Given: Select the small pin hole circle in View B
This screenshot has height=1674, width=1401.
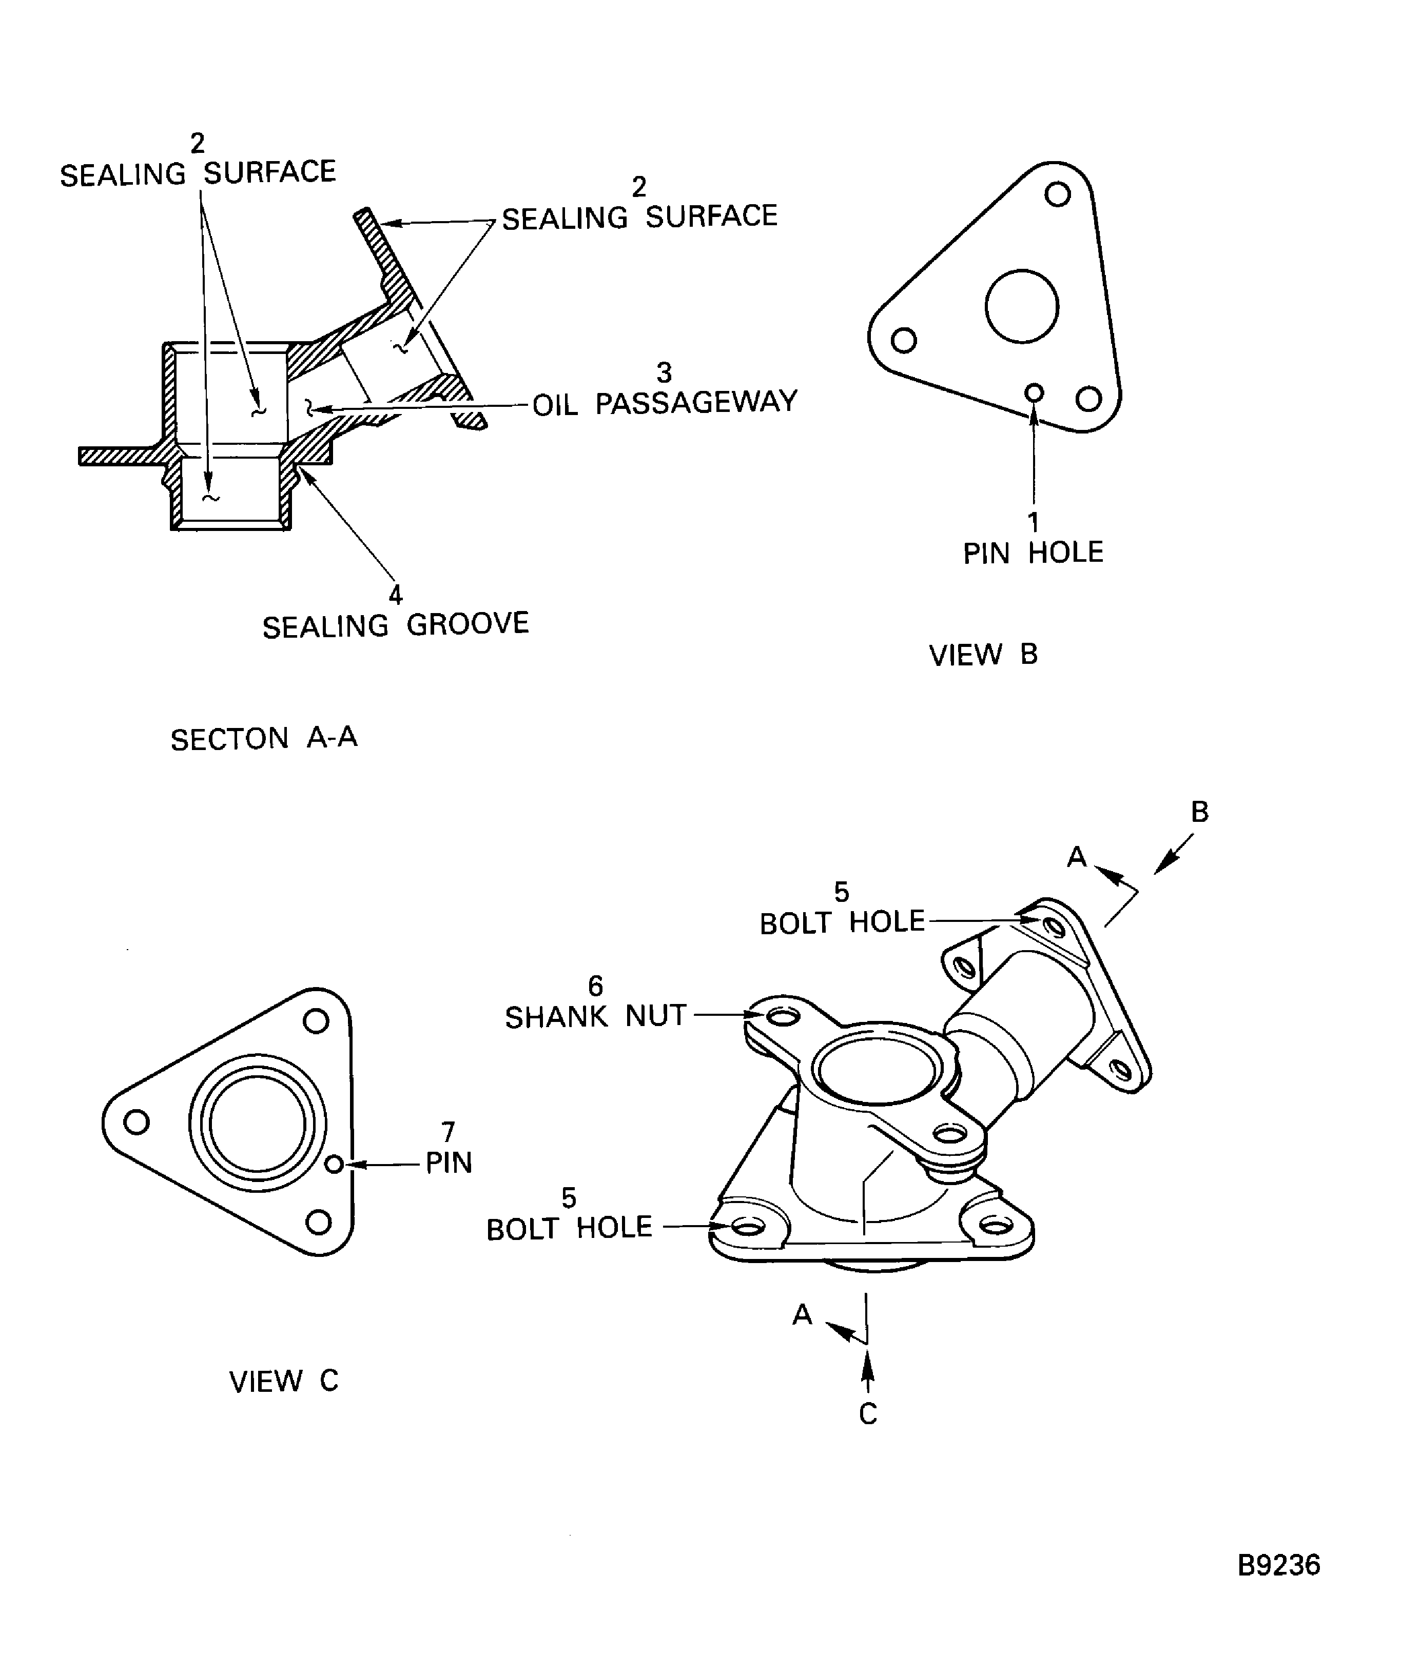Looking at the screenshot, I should pos(1034,392).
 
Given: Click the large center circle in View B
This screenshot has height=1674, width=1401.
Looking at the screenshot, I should pos(1021,306).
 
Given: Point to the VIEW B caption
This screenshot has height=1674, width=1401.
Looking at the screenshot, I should pos(983,655).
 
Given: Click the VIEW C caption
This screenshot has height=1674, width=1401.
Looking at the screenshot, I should pos(284,1381).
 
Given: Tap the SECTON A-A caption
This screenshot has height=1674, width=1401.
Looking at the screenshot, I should pos(264,738).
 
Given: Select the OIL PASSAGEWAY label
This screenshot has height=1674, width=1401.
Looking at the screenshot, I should pos(664,403).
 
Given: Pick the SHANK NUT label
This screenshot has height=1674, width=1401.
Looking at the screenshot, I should pos(596,1016).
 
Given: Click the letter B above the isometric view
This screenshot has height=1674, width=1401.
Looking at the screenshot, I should pos(1199,812).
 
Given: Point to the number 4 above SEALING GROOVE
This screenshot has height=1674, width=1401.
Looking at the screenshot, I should pos(396,594).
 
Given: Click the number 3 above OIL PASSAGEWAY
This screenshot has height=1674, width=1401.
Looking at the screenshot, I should pos(664,372).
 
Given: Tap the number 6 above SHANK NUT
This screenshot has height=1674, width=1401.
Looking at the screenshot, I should pos(596,986).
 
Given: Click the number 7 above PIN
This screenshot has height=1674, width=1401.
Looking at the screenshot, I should pos(448,1131).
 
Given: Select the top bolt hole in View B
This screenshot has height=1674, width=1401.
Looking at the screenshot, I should pos(1057,194).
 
